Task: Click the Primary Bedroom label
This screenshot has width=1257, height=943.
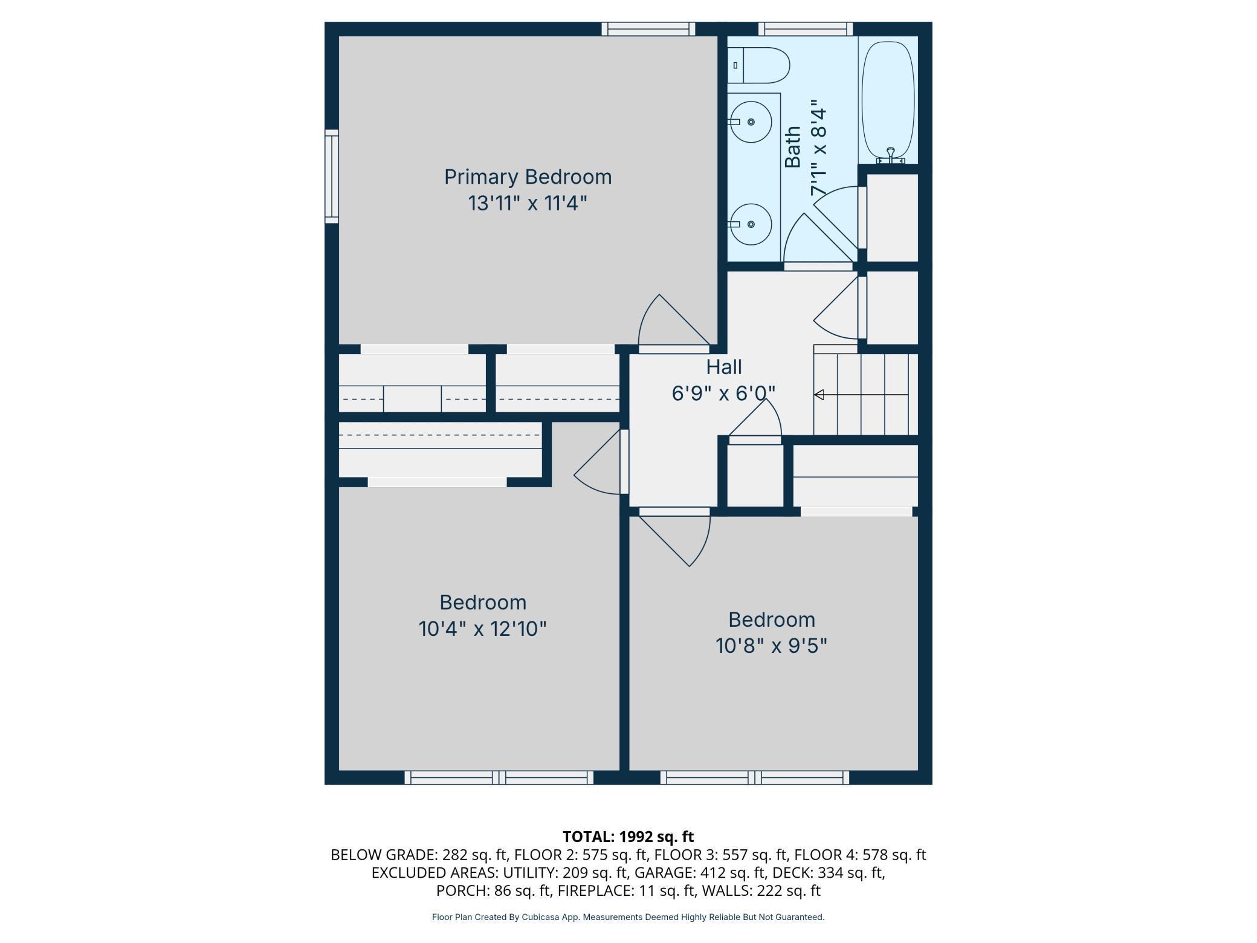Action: (528, 177)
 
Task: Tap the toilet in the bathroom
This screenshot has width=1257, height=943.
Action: (758, 65)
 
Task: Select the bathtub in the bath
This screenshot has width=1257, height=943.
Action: (888, 102)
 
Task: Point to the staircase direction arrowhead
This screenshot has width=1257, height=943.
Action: (819, 395)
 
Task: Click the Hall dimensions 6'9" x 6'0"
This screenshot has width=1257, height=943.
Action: (723, 394)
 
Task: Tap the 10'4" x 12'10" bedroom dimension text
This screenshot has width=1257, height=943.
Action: (483, 629)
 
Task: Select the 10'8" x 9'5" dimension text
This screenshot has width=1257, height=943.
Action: (771, 646)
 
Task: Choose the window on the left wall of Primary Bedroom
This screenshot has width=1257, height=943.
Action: (332, 177)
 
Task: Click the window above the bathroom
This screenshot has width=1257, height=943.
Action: (806, 29)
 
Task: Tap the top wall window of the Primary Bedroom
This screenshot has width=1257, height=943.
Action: (648, 29)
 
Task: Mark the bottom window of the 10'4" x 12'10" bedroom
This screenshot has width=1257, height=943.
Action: (499, 778)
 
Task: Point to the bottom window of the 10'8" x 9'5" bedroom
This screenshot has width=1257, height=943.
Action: (755, 778)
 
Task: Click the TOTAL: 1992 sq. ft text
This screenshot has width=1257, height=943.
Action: (628, 837)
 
